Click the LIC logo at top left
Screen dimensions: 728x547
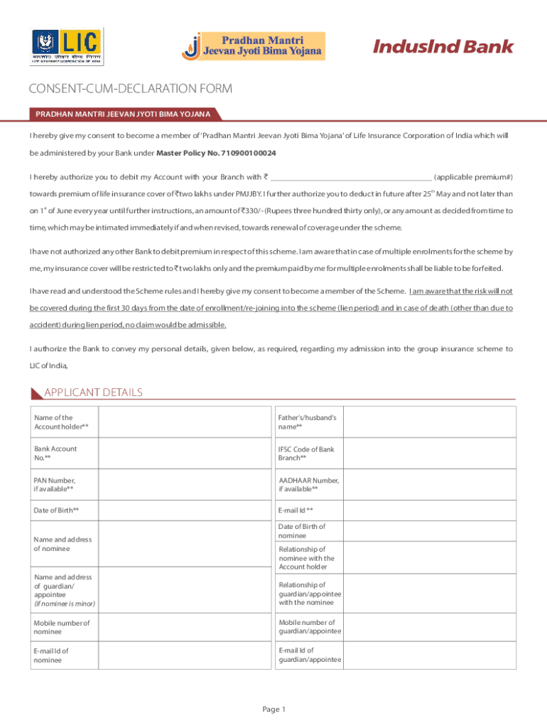click(x=67, y=47)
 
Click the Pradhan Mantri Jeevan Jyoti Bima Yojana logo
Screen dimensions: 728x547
click(x=254, y=45)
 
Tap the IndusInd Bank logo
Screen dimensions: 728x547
click(x=443, y=47)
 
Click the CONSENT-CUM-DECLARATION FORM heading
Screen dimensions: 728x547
click(x=130, y=89)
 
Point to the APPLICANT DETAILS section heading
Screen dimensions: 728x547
click(x=93, y=392)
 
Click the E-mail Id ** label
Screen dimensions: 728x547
click(x=296, y=510)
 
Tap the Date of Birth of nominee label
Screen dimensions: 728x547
click(x=302, y=530)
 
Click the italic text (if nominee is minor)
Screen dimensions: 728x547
click(x=65, y=604)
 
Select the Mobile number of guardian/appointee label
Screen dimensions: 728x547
click(x=310, y=627)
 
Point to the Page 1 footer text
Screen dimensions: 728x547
click(x=273, y=709)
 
